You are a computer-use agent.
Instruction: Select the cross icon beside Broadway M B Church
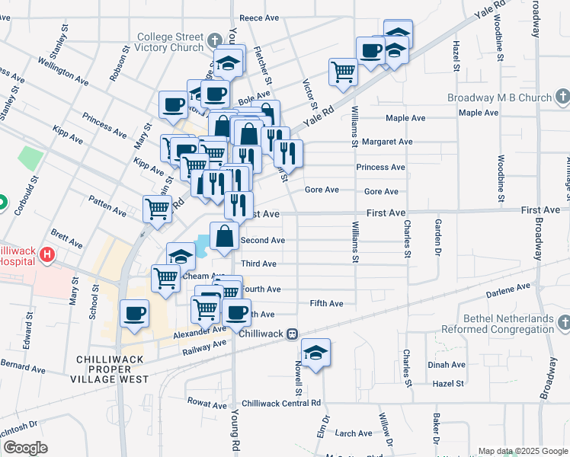point(563,97)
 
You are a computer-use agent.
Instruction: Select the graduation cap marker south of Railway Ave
point(315,353)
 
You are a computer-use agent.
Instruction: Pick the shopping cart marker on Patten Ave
point(157,208)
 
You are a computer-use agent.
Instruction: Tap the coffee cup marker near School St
point(135,314)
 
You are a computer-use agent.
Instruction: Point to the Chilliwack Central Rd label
point(281,403)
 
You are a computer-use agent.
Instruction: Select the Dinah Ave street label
point(447,365)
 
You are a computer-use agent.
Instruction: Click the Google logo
point(25,448)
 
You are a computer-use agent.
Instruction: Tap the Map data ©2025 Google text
point(522,450)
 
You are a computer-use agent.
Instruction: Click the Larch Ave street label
point(354,433)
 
